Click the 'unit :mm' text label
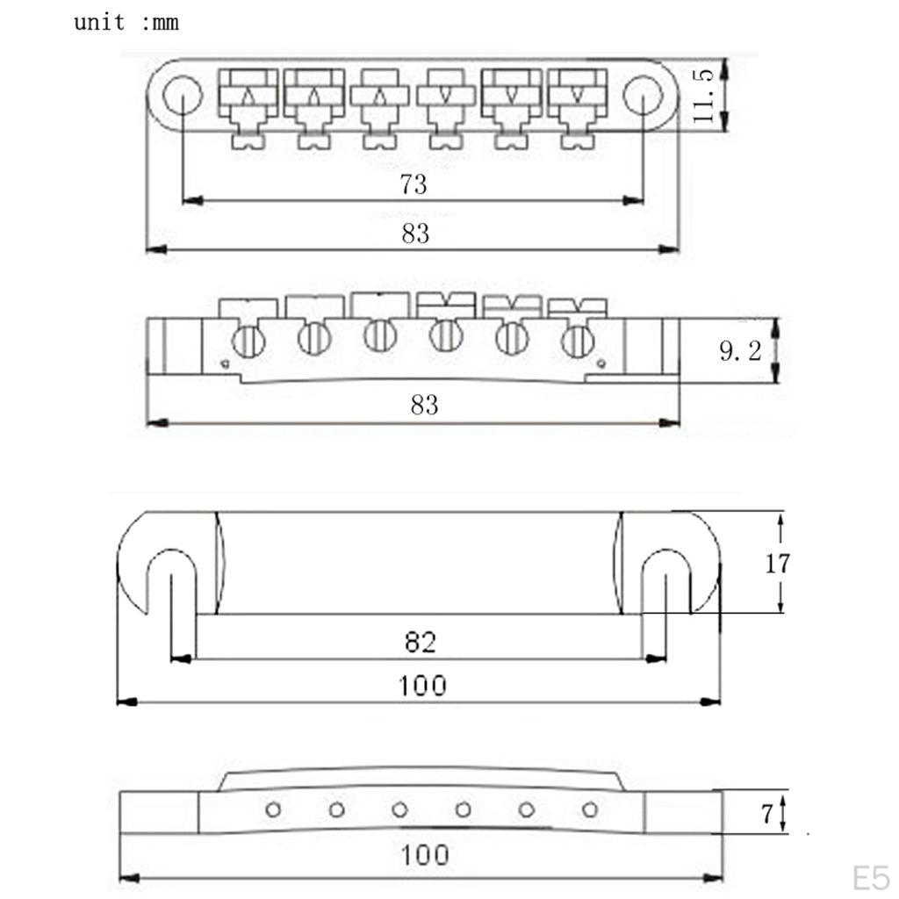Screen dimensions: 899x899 click(x=126, y=22)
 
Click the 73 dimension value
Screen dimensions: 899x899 click(x=413, y=184)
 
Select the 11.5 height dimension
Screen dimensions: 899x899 click(x=705, y=94)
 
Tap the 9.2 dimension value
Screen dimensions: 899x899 click(x=740, y=352)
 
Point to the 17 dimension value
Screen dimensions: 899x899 click(x=776, y=563)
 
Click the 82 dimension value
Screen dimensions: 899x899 click(x=421, y=642)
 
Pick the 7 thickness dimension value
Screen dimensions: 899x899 click(x=766, y=814)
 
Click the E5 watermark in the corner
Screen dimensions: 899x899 click(x=871, y=877)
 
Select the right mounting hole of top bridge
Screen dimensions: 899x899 click(x=644, y=92)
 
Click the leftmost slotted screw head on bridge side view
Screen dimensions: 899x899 click(x=248, y=341)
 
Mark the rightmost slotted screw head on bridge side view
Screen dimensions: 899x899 click(x=577, y=341)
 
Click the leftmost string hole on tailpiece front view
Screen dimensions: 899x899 click(x=273, y=809)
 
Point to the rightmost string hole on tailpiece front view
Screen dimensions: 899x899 click(x=589, y=809)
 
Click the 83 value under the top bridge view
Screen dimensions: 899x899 click(x=415, y=234)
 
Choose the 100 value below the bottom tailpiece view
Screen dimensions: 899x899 click(x=425, y=854)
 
